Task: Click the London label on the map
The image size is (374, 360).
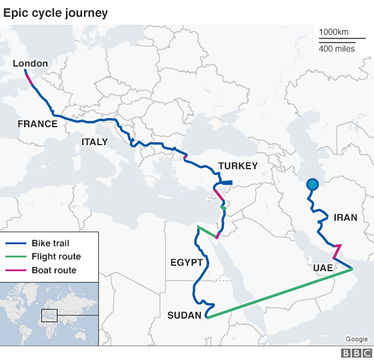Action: (31, 63)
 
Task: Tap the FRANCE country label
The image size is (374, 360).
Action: (37, 124)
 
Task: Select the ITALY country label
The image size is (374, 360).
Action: (95, 142)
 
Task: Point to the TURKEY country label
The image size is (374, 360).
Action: (238, 166)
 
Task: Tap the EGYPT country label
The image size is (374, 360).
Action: (187, 263)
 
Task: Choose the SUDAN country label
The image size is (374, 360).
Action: (185, 315)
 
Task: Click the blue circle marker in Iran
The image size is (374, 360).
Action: (312, 185)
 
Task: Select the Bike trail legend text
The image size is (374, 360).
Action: (51, 244)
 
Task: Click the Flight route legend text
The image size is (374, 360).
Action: (56, 257)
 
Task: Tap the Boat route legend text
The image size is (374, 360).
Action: (53, 270)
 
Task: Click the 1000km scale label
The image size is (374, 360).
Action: (333, 32)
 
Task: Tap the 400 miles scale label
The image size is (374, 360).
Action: (336, 48)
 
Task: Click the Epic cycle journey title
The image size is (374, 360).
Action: (56, 12)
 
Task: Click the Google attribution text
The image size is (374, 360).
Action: (357, 339)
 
